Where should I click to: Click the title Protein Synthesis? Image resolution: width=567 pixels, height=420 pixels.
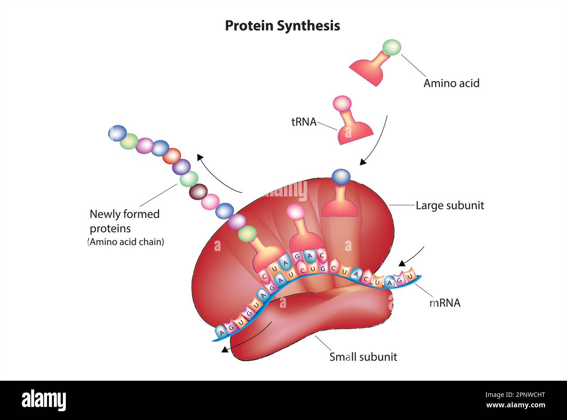(282, 26)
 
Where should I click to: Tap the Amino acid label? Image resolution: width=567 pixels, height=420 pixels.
(451, 83)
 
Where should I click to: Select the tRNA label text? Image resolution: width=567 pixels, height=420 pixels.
(304, 122)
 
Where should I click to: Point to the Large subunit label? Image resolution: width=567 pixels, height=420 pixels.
(449, 205)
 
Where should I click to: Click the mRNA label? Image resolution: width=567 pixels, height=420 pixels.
(444, 303)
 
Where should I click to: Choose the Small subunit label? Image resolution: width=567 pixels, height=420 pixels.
(363, 357)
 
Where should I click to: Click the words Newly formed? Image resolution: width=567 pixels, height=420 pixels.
(124, 214)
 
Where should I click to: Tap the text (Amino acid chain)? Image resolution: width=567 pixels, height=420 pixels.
(126, 242)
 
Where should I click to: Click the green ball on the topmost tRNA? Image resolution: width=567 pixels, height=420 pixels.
(391, 47)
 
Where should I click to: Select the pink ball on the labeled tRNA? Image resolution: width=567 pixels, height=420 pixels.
(342, 103)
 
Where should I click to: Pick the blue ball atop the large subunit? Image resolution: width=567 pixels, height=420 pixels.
(341, 176)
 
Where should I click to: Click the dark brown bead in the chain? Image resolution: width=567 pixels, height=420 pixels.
(198, 191)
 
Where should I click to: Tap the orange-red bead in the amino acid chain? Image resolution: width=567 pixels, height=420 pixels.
(171, 156)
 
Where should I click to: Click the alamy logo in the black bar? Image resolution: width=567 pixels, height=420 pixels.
(44, 400)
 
